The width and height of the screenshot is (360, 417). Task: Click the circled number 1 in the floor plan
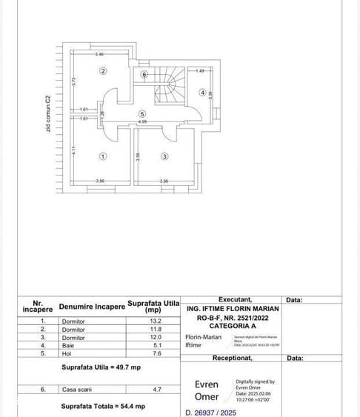pos(102,156)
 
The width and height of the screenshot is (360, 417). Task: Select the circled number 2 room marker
pos(103,71)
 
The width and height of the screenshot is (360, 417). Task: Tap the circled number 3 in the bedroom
pos(164,156)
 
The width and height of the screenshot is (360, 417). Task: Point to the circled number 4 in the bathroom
pos(202,93)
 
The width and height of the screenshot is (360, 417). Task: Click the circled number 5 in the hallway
pos(141,113)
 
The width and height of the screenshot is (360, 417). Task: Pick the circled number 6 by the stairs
pos(145,74)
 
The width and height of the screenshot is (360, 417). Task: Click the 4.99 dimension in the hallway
pos(142,121)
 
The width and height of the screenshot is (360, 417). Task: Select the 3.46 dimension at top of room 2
pos(99,54)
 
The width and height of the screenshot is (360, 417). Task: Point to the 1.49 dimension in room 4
pos(200,70)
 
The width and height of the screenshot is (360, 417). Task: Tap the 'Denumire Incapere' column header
pos(92,306)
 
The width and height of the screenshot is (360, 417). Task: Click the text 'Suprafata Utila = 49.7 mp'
pos(101,367)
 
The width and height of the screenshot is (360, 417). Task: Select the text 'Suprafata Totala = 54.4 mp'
pos(102,406)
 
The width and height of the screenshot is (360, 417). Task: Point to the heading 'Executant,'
pos(240,299)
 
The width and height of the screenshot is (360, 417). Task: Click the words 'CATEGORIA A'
pos(233,325)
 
